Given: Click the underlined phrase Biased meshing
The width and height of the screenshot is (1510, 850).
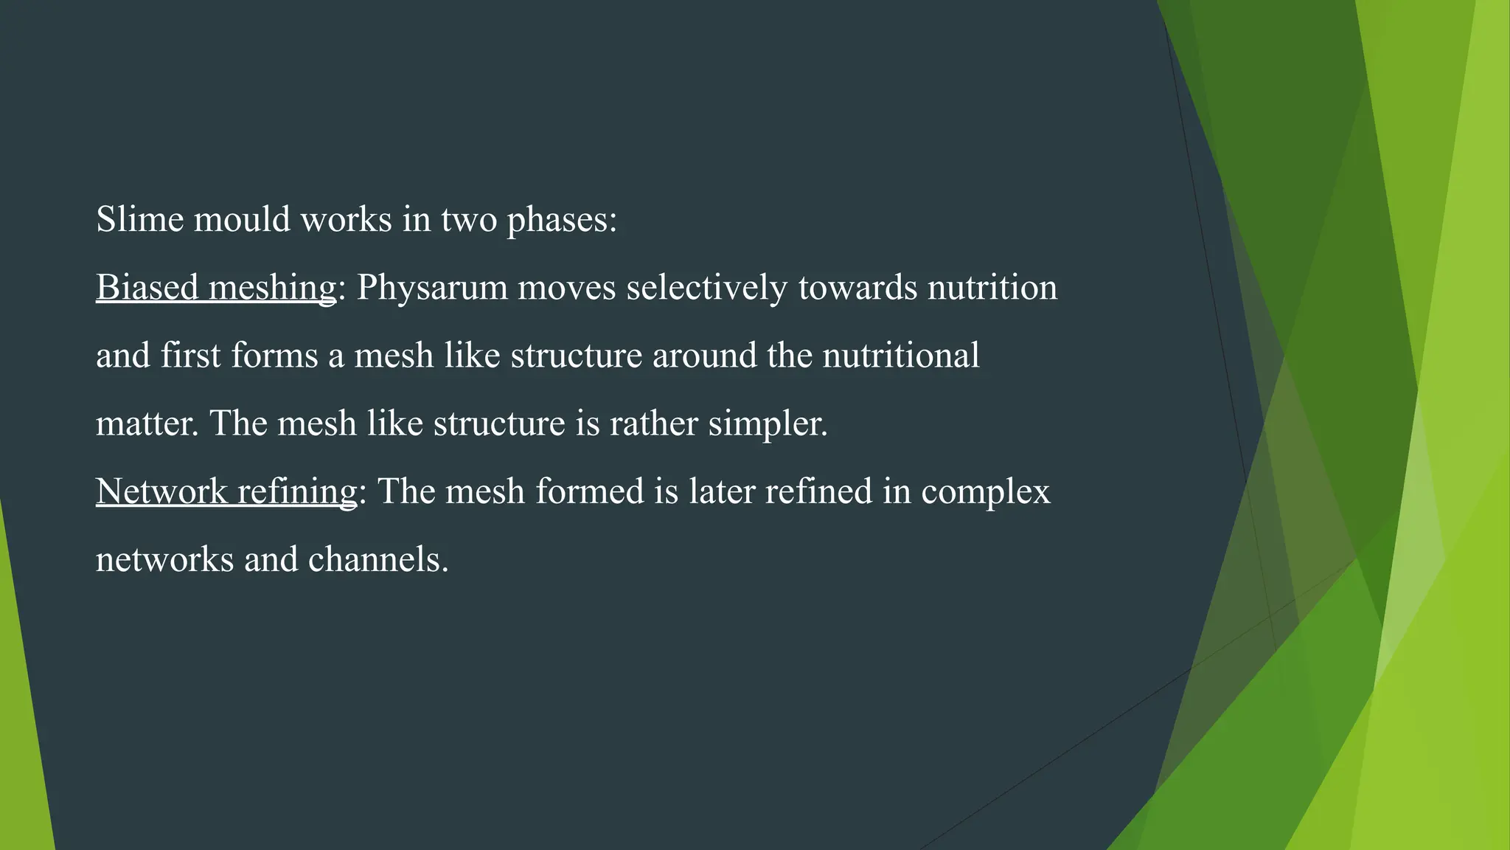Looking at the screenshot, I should point(216,287).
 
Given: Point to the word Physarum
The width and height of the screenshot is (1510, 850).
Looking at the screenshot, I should point(433,288).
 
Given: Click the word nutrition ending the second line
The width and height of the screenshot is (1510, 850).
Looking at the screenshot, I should point(992,287).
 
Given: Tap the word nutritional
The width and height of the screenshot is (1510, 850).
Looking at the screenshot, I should point(901,355).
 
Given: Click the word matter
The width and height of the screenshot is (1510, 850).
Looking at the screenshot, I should point(147,424).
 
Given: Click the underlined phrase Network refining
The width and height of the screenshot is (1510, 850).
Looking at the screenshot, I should point(226,491).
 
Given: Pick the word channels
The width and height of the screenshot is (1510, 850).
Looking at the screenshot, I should point(377,559).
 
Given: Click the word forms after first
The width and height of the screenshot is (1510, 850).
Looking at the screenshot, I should point(274,356).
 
